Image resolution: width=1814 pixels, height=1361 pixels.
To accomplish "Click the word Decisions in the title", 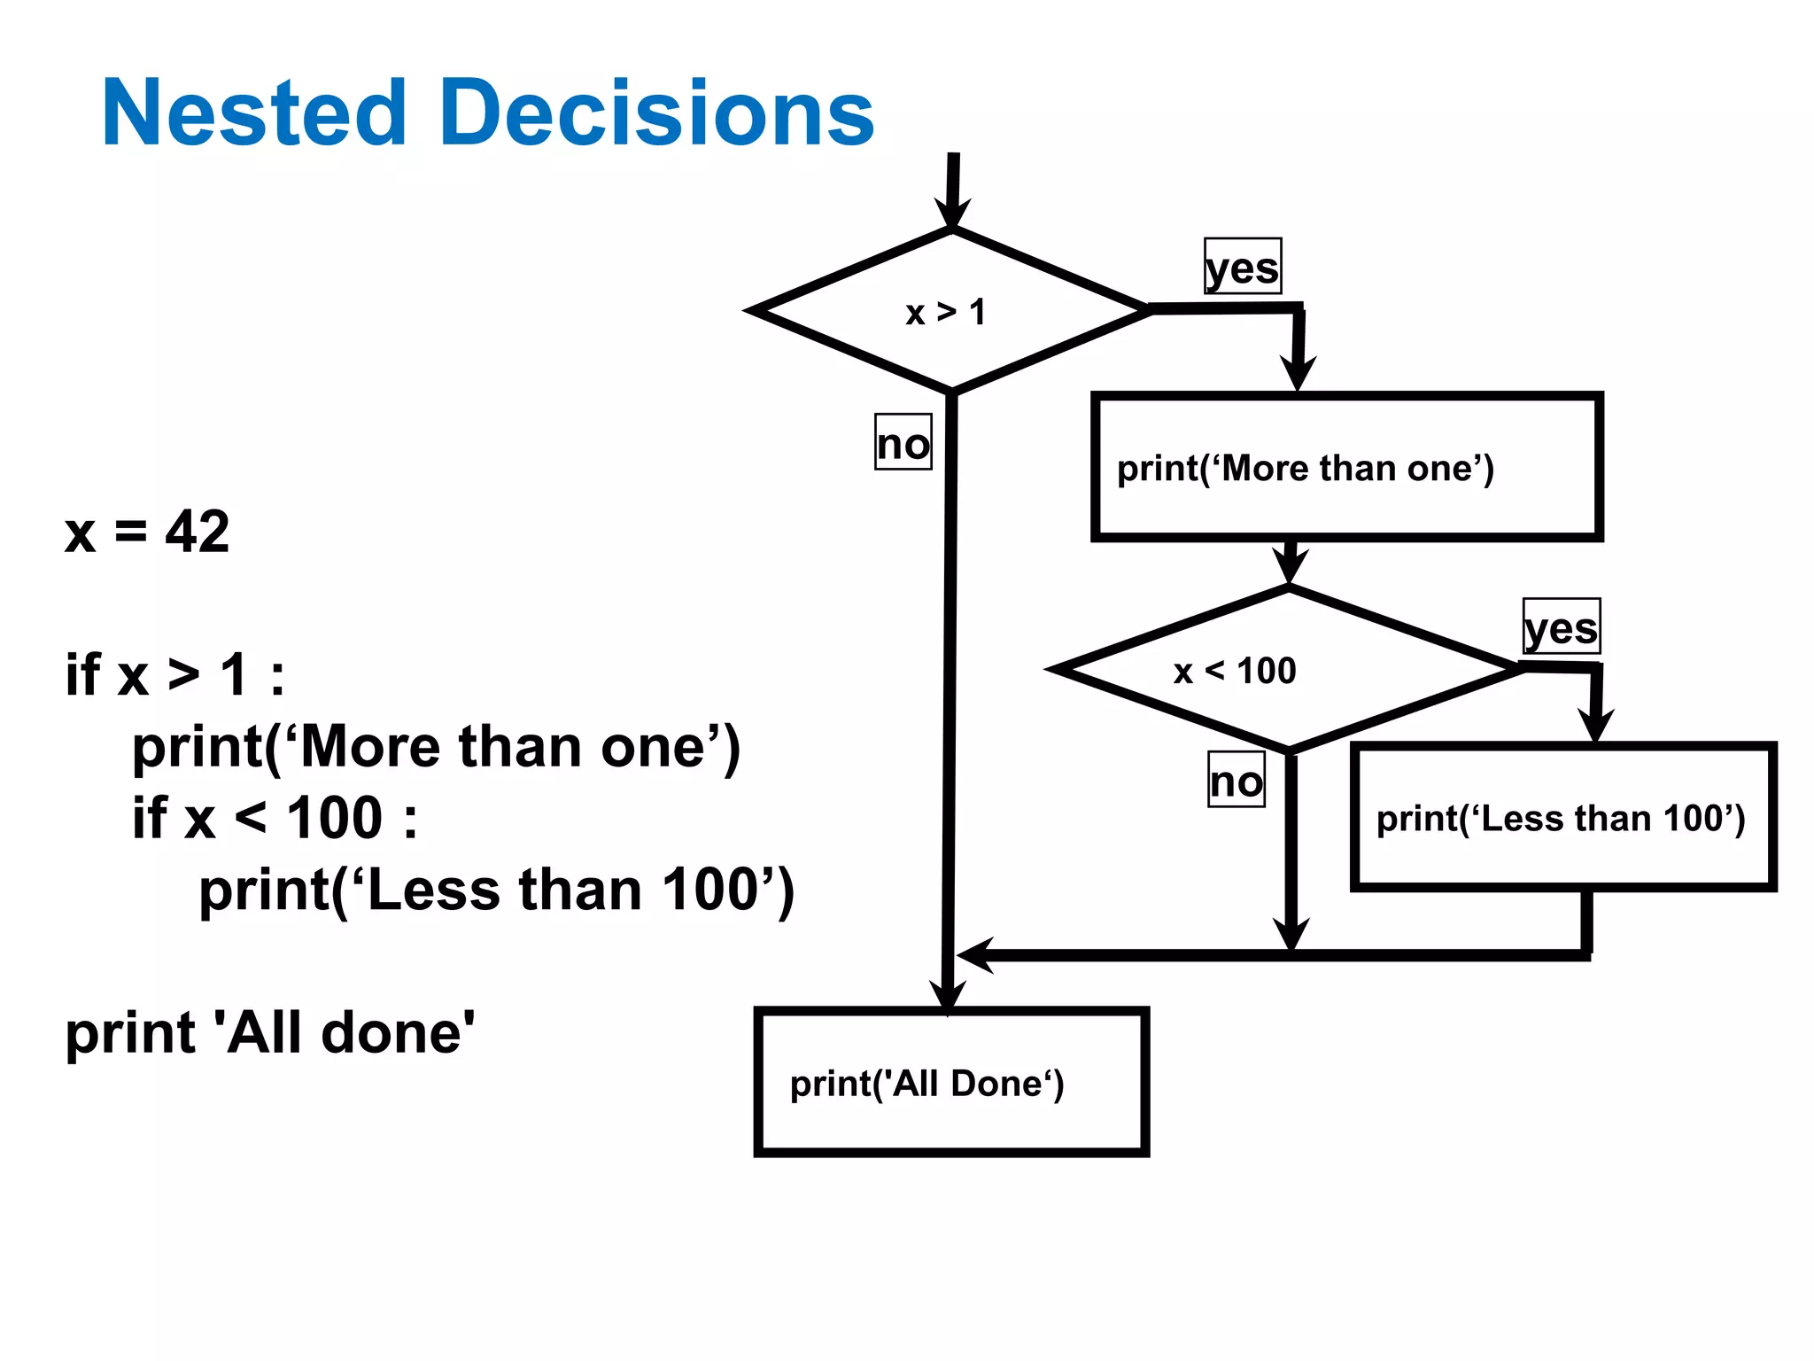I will click(656, 113).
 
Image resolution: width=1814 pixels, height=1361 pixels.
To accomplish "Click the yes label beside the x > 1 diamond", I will click(1242, 267).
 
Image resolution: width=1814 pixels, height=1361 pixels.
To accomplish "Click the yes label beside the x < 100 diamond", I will click(1561, 627).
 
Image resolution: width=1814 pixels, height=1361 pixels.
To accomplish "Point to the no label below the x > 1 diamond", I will click(903, 442).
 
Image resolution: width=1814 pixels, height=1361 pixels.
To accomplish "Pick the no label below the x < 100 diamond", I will click(1236, 780).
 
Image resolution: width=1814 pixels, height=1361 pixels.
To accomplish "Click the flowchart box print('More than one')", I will click(1346, 467).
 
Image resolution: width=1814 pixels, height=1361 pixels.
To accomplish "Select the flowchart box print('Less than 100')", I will click(1562, 817).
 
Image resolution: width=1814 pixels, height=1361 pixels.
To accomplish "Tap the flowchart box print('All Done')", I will click(951, 1082).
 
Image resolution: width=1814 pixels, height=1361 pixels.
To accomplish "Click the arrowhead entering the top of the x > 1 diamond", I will click(952, 213).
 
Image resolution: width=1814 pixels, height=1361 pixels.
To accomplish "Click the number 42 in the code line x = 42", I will click(198, 532).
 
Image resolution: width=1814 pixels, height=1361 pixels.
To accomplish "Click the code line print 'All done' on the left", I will click(270, 1033).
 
